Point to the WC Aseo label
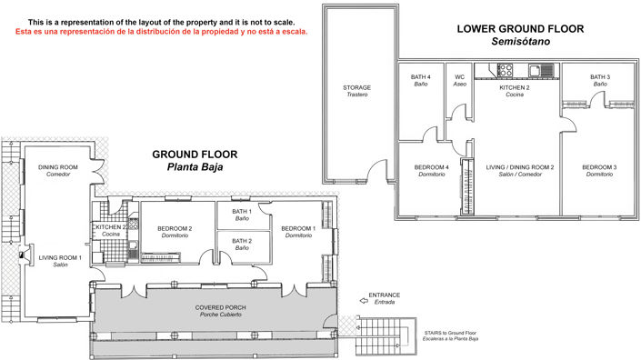[460, 80]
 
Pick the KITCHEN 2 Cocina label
[515, 91]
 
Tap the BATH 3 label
[599, 80]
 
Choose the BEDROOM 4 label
[431, 171]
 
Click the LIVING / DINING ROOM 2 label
[515, 171]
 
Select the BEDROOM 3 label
[599, 171]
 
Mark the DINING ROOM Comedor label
[56, 171]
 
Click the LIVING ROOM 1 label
[60, 261]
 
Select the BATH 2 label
[241, 244]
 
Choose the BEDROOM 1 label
[298, 231]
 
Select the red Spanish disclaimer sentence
[162, 32]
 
